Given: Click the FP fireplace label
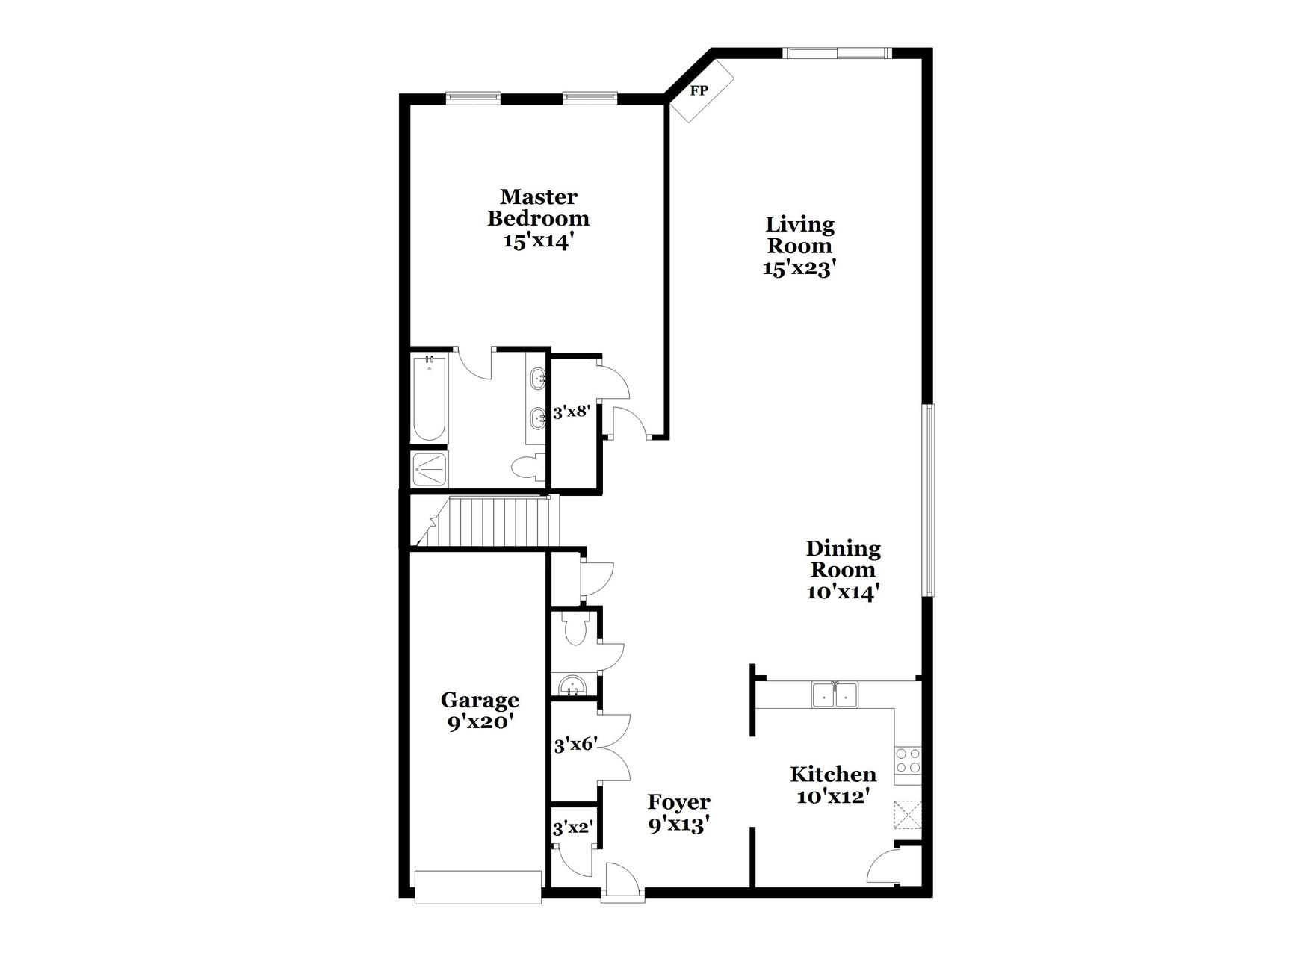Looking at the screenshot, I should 699,91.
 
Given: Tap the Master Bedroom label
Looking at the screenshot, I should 538,208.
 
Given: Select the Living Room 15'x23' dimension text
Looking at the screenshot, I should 799,269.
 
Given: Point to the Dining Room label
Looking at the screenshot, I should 843,559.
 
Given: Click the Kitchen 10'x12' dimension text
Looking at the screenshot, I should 833,797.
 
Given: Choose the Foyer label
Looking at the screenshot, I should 678,802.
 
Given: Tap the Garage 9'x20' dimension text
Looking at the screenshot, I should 480,723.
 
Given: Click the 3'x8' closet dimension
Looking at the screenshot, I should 572,412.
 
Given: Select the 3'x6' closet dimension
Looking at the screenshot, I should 574,745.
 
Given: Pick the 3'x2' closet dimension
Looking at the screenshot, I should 573,828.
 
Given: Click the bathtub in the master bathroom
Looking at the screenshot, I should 430,399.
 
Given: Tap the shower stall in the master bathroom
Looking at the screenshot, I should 430,469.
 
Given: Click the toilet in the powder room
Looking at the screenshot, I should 575,630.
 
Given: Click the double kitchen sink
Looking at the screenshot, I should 835,695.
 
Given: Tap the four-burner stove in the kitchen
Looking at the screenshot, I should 909,761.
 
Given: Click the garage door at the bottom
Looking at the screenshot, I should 478,887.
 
